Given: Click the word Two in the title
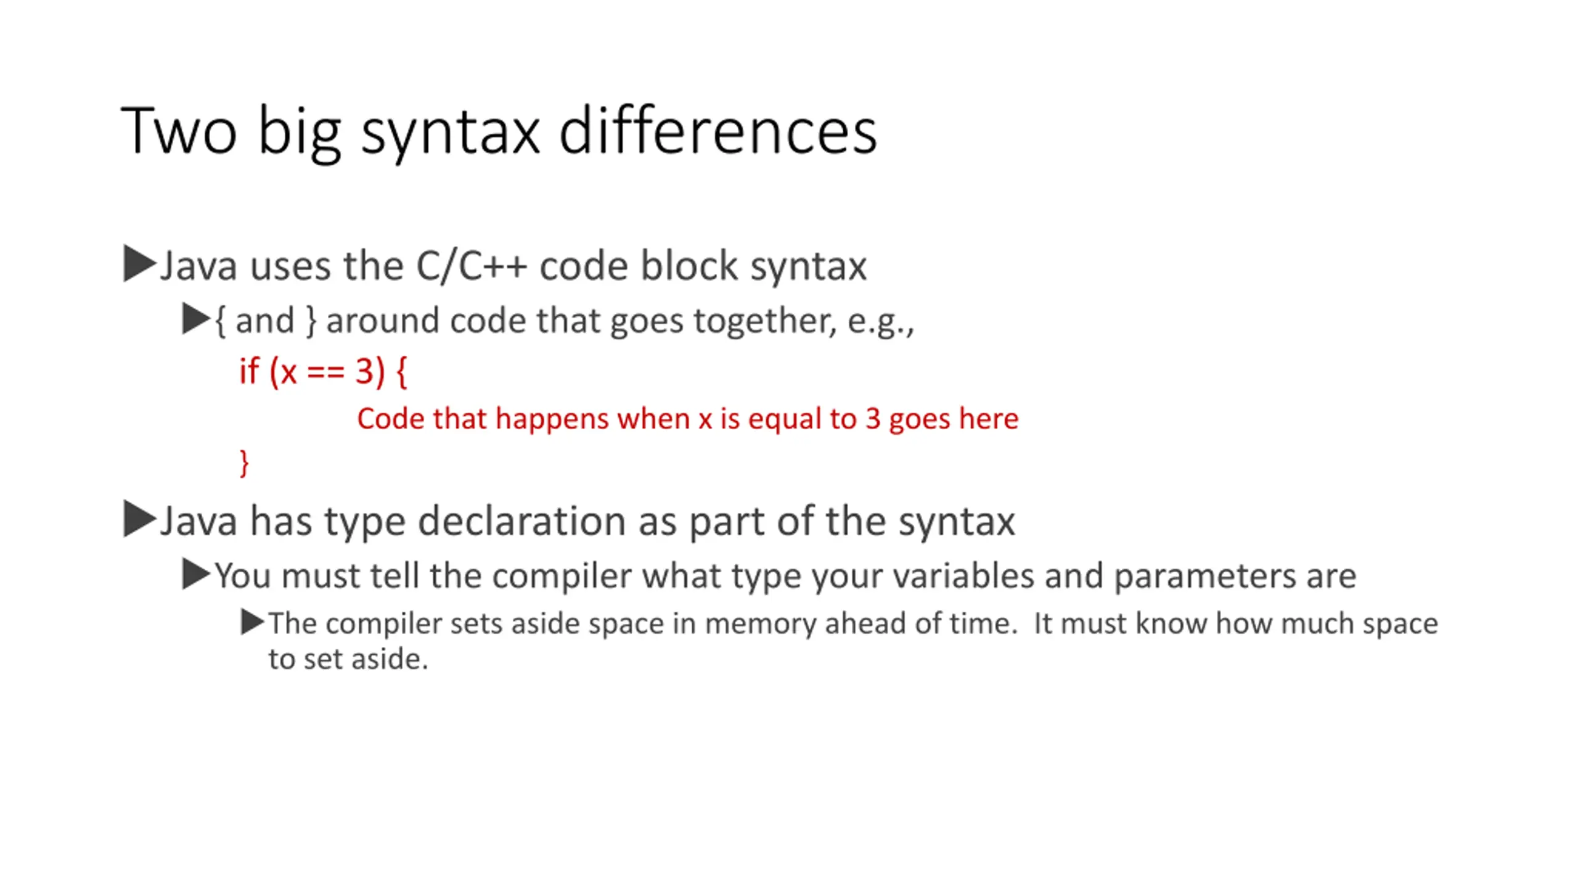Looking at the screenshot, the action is click(x=179, y=131).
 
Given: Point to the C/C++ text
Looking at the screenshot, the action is click(x=472, y=266).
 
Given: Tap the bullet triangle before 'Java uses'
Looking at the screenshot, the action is click(x=139, y=264).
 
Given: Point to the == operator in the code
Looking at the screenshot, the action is click(x=325, y=372).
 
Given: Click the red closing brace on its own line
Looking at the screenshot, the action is click(x=244, y=462).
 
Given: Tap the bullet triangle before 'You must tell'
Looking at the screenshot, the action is click(x=196, y=574).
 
